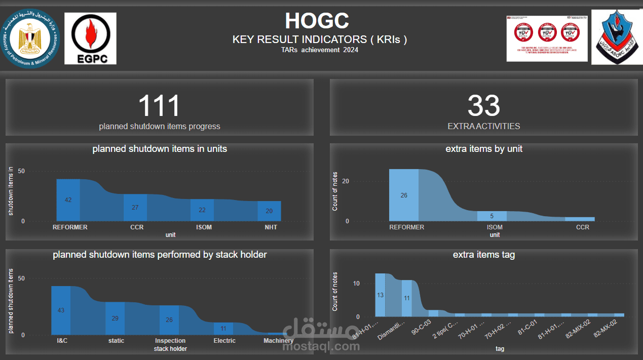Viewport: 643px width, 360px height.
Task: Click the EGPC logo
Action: click(x=90, y=38)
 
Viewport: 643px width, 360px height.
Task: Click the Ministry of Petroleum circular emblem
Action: click(x=30, y=38)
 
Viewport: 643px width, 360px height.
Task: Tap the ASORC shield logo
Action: click(x=615, y=37)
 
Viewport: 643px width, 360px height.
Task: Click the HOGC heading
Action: click(x=317, y=21)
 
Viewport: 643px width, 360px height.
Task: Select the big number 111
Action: click(x=159, y=106)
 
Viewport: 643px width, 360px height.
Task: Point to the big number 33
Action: click(x=483, y=106)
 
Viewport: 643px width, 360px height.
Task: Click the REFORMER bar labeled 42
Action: click(x=68, y=200)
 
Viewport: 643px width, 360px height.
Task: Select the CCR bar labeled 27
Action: click(x=135, y=208)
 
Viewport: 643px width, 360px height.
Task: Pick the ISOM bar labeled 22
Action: click(x=202, y=210)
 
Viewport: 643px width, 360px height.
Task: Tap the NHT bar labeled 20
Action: click(x=269, y=211)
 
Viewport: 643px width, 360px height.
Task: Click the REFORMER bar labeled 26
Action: click(x=404, y=195)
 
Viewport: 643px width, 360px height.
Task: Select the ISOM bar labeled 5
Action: click(x=491, y=216)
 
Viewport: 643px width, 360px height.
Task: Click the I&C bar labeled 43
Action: click(x=61, y=310)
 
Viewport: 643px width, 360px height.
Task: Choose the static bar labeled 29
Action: click(x=115, y=318)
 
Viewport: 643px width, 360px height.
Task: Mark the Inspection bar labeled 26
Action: click(x=169, y=320)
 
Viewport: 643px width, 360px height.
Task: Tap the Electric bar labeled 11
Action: click(x=223, y=329)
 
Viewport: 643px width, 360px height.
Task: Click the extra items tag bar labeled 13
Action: click(x=381, y=295)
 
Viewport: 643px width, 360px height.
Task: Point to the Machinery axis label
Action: click(x=278, y=341)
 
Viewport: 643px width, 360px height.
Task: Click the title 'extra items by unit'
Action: click(x=484, y=149)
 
